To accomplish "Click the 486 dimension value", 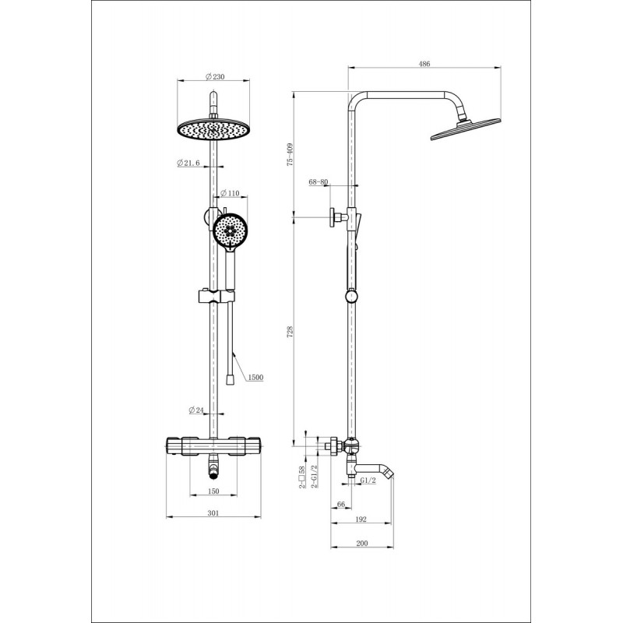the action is coord(424,64).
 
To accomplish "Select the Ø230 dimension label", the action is coord(215,76).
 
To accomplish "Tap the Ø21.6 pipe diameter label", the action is coord(188,163).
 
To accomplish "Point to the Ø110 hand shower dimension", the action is coord(230,193).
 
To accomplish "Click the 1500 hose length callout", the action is coord(255,377).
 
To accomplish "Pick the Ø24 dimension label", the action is coord(196,410).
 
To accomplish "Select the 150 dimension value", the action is coord(213,491).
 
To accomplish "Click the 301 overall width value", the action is coord(213,513).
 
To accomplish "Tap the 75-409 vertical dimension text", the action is coord(290,154).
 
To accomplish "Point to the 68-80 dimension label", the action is coord(319,182).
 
